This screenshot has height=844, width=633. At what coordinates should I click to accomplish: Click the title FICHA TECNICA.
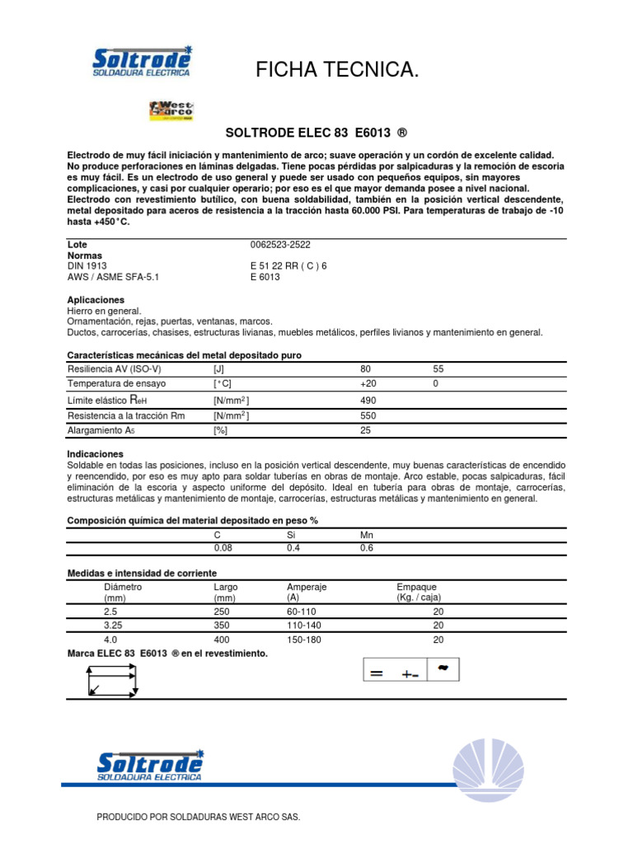coord(337,72)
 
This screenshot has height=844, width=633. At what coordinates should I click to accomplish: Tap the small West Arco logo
coord(171,110)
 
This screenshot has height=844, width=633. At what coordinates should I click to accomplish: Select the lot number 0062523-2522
coord(280,245)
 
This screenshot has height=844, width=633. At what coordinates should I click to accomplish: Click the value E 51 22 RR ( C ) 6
coord(288,266)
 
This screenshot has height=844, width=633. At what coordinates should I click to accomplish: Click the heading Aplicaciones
coord(95,300)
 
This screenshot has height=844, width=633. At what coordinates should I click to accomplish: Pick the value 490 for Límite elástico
coord(368,400)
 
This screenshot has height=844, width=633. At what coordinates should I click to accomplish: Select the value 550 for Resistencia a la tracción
coord(368,415)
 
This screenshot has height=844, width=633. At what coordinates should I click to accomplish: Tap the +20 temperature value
coord(368,384)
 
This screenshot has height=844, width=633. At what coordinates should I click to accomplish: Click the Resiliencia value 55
coord(438,369)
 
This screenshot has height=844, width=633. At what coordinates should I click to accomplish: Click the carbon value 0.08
coord(223,547)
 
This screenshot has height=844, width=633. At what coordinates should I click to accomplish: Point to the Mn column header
coord(367,535)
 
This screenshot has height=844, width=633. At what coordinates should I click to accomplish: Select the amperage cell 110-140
coord(303,626)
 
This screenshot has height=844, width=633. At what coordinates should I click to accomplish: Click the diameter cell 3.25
coord(114,626)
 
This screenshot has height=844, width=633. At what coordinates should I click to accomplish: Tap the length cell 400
coord(222,640)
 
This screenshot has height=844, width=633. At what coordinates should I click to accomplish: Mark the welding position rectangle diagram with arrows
coord(111,681)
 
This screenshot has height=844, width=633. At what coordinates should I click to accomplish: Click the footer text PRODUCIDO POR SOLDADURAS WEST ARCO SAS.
coord(199,817)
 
